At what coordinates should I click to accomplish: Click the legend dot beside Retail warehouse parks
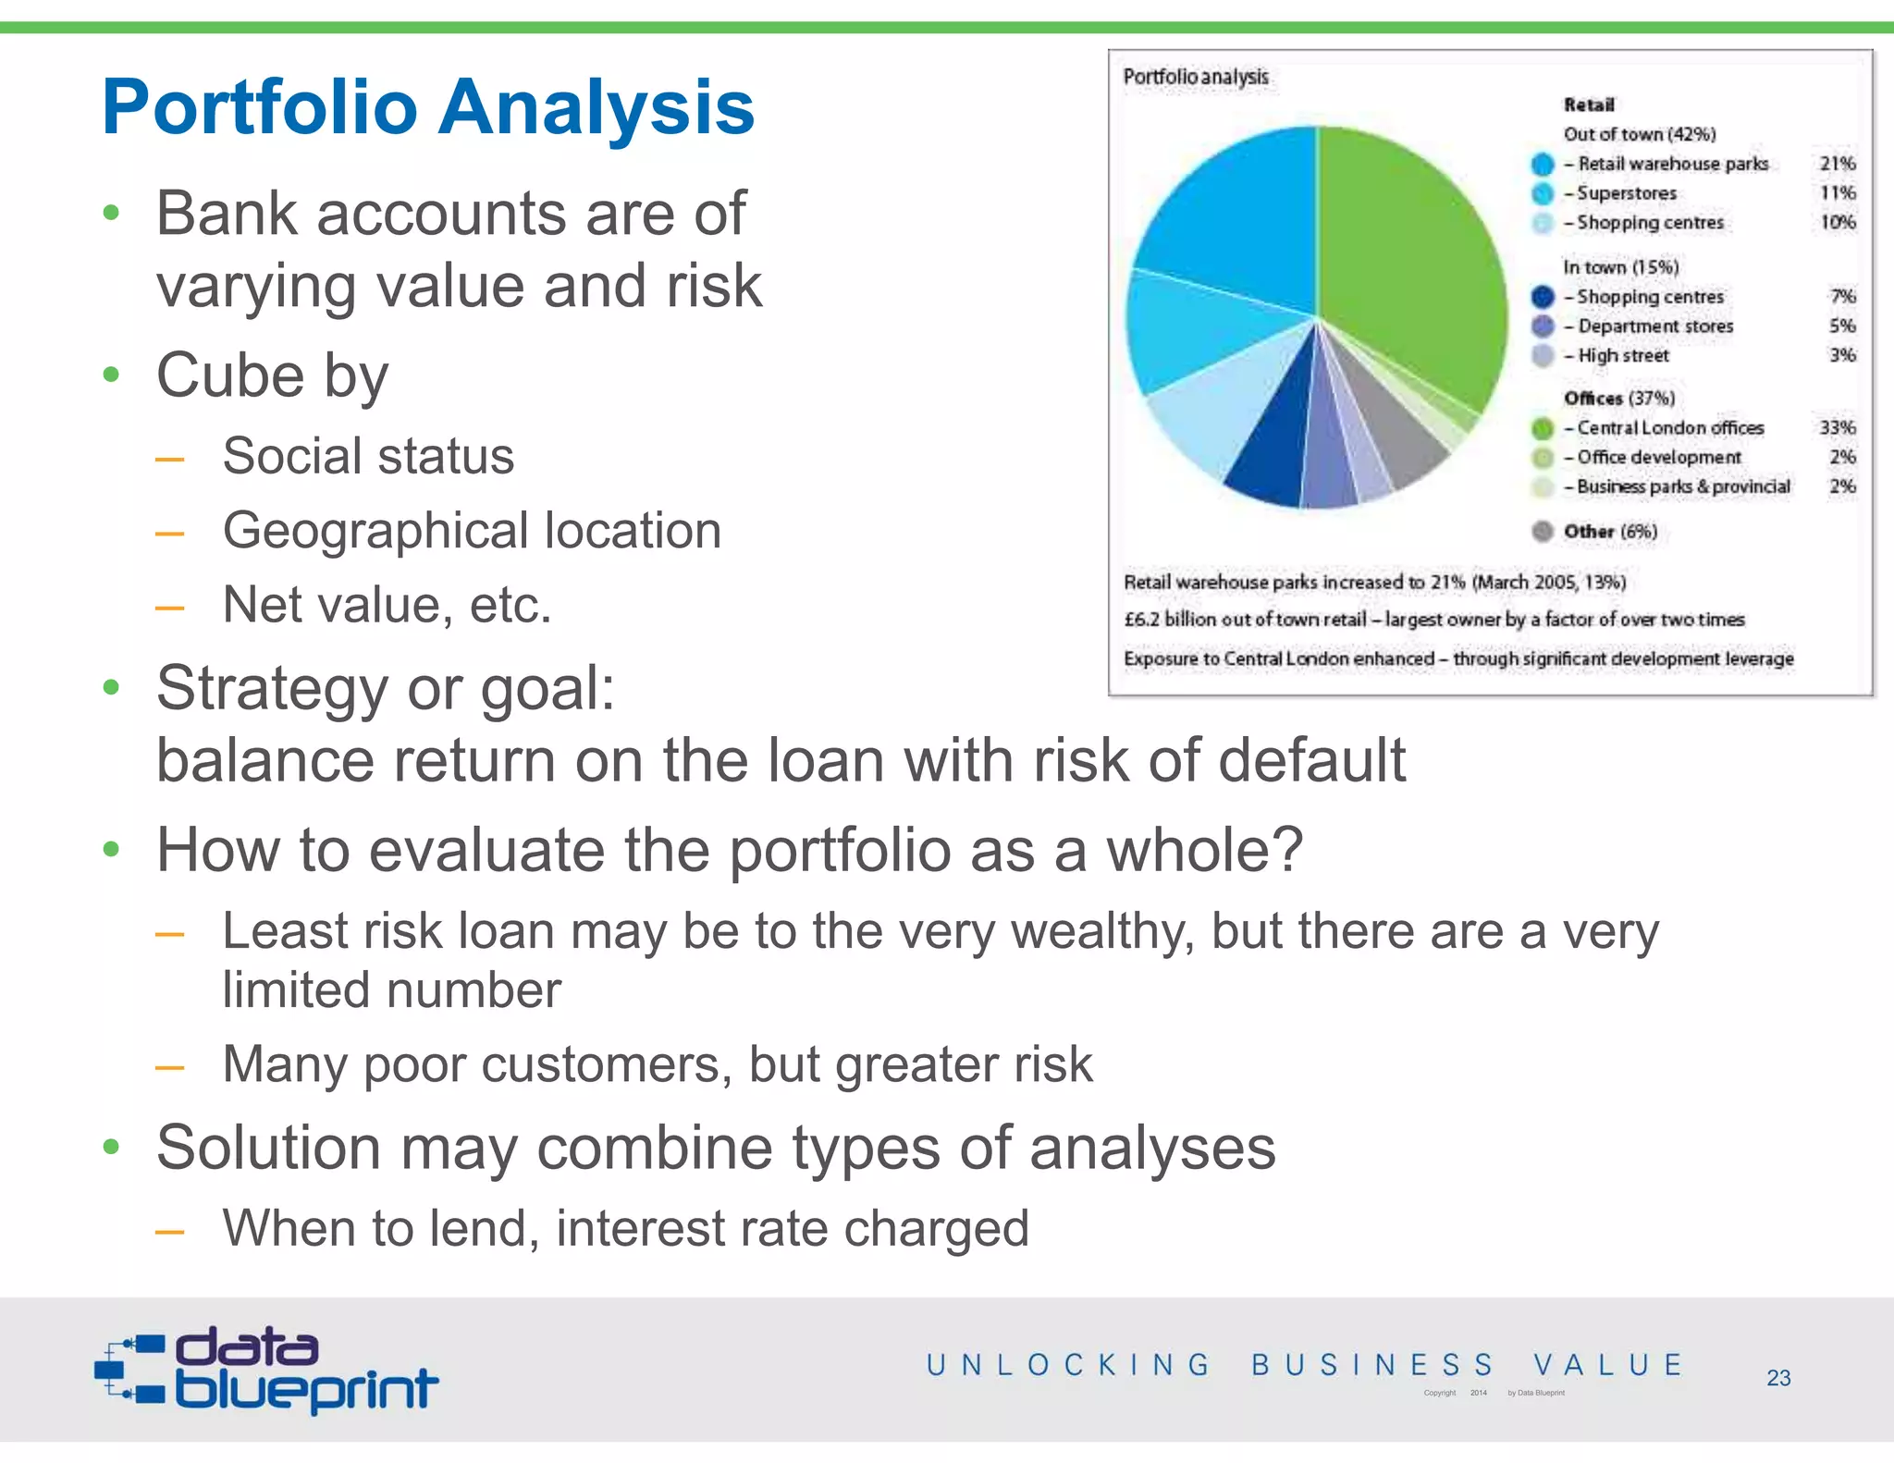[1542, 165]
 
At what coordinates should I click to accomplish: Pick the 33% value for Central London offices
[1837, 427]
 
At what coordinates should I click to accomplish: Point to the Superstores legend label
[1626, 193]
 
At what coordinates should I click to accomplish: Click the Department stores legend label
[1654, 326]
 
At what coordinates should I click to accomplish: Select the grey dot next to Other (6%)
[1542, 532]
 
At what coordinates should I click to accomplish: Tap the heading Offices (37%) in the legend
[1618, 399]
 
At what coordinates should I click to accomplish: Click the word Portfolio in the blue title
[259, 108]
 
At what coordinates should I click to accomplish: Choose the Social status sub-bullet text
[368, 456]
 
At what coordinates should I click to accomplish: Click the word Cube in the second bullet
[229, 375]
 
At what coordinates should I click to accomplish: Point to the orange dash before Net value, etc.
[169, 608]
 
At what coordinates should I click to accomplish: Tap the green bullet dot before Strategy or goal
[112, 688]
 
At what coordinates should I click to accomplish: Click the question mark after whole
[1286, 849]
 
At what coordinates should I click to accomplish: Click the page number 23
[1777, 1378]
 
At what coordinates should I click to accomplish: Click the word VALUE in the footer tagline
[1607, 1365]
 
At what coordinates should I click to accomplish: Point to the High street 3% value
[1841, 355]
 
